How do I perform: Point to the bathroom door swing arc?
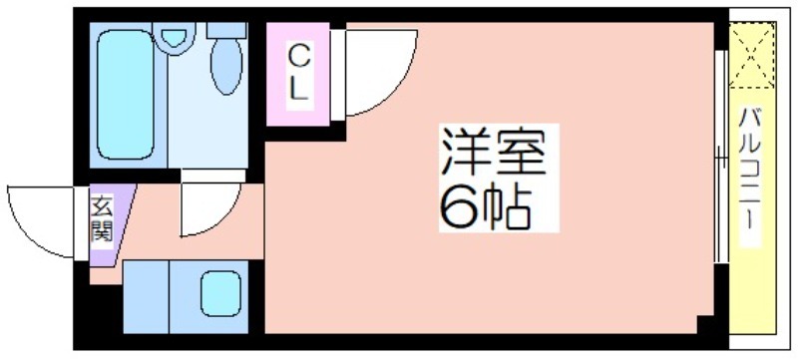pos(209,204)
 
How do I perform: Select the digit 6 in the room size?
pos(456,205)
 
